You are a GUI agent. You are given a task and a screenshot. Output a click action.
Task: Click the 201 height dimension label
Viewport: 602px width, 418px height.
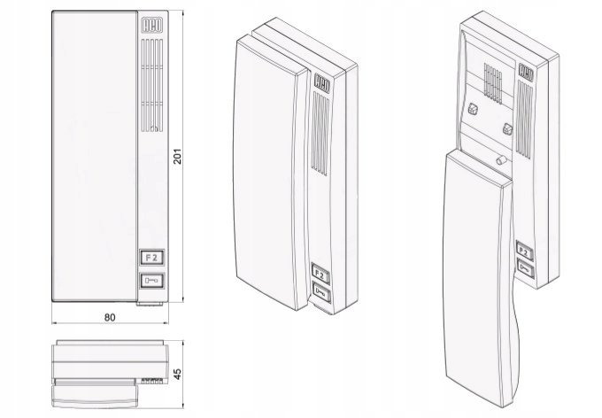177,157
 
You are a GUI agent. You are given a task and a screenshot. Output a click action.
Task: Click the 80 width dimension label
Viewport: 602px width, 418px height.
110,317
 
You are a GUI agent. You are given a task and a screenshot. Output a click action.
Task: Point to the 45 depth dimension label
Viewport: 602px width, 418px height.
177,375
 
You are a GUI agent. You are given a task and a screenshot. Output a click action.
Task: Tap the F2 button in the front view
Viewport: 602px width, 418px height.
152,258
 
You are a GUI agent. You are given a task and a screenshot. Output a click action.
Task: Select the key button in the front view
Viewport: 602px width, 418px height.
152,281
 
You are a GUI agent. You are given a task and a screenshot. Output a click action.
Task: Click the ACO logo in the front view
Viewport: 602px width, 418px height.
152,26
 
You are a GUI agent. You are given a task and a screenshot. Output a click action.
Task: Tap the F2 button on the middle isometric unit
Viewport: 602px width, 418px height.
320,273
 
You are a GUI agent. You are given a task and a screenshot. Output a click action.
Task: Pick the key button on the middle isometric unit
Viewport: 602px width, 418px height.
321,293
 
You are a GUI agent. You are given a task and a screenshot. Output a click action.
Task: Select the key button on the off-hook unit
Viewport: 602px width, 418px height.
526,267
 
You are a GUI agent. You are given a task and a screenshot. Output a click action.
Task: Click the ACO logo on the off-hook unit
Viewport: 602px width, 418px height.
526,72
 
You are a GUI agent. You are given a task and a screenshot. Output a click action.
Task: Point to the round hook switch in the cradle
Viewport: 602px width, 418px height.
501,159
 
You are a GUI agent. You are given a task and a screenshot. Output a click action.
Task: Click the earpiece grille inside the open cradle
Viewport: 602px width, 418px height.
493,83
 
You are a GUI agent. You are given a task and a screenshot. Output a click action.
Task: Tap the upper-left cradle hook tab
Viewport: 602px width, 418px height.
473,110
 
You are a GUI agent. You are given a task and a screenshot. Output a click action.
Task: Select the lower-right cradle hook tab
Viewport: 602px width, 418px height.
507,128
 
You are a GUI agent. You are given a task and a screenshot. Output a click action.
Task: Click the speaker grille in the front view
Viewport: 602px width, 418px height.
152,85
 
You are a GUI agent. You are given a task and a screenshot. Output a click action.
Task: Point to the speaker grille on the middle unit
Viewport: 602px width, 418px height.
320,134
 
